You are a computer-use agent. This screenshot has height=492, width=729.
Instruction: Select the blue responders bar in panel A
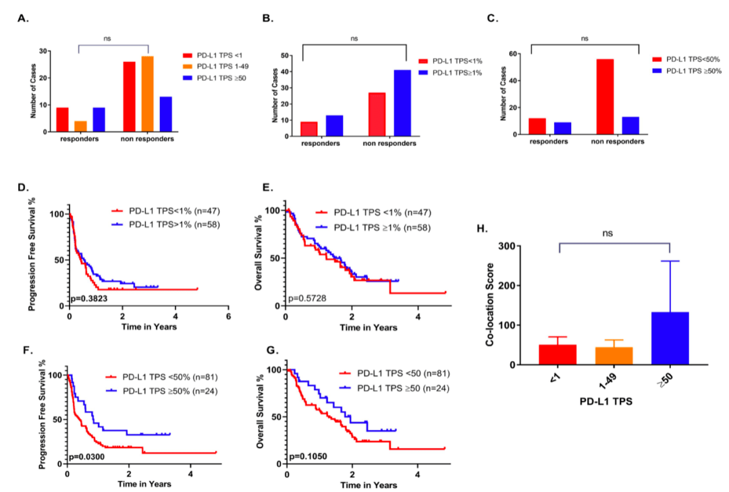point(99,119)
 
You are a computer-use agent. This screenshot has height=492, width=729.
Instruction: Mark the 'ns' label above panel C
point(585,39)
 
